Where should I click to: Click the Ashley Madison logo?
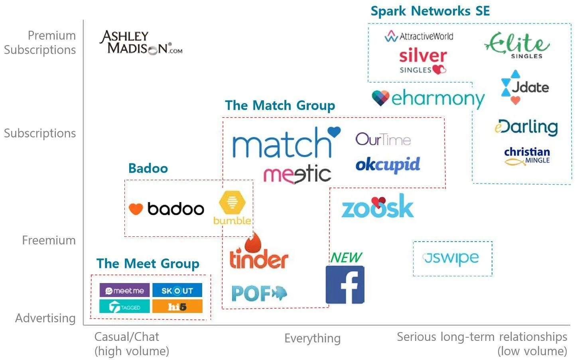140,43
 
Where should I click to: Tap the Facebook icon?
345,285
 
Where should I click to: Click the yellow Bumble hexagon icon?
232,202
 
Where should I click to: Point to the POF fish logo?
259,293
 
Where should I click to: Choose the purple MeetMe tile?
124,291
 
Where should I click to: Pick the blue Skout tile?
177,291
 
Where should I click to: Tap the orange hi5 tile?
177,307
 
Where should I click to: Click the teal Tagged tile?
124,307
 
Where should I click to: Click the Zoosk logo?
377,207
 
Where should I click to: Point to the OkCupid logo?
388,164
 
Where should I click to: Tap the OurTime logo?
383,139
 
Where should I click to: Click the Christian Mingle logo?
527,156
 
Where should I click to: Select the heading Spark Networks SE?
430,11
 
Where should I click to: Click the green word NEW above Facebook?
346,258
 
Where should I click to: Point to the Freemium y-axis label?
49,240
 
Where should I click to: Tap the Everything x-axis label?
312,338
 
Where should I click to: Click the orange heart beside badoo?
136,209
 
